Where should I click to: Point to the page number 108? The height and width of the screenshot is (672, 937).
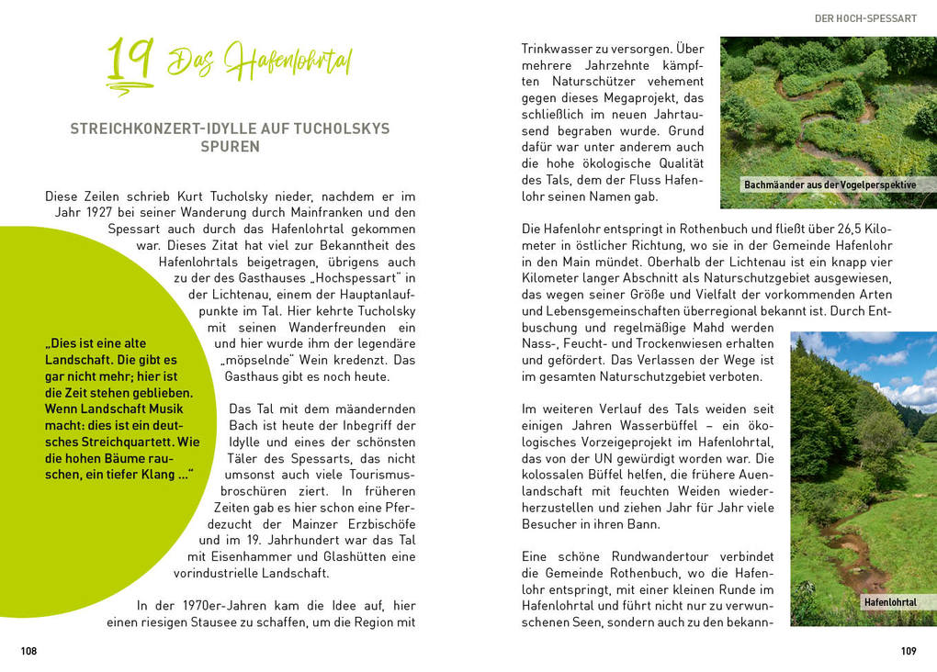(x=29, y=651)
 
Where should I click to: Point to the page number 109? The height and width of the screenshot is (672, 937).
(x=909, y=651)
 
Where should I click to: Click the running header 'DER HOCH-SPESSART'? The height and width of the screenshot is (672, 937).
(x=866, y=17)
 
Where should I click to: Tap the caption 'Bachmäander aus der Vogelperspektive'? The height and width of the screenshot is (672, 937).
(x=830, y=185)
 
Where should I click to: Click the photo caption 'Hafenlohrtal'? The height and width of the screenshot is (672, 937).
(x=889, y=602)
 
